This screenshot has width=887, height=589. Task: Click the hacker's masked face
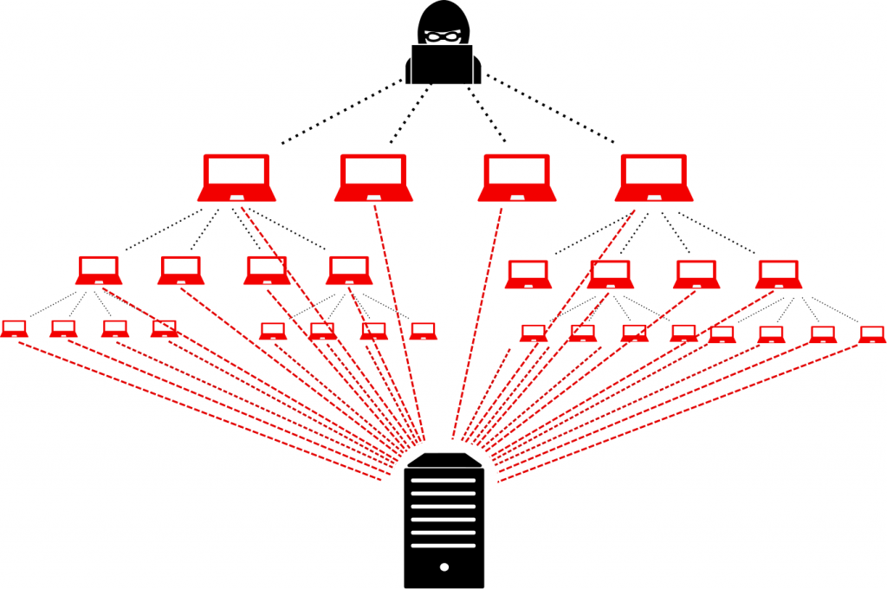[x=443, y=36]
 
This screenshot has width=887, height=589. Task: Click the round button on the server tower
[x=443, y=567]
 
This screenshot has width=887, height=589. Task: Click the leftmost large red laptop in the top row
[x=236, y=178]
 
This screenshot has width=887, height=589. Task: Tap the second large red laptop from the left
[x=372, y=178]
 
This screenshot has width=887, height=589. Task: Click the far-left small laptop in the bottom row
[x=14, y=329]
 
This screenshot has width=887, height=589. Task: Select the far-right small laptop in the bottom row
[x=872, y=334]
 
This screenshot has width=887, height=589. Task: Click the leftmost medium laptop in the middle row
[x=99, y=270]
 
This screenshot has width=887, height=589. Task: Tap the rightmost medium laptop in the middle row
[x=778, y=275]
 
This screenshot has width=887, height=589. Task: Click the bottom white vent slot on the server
[x=443, y=546]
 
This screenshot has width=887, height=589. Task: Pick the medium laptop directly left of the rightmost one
[x=696, y=275]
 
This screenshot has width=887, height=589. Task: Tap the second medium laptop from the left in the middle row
[x=180, y=270]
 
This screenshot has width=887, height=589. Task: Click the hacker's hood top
[x=443, y=10]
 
